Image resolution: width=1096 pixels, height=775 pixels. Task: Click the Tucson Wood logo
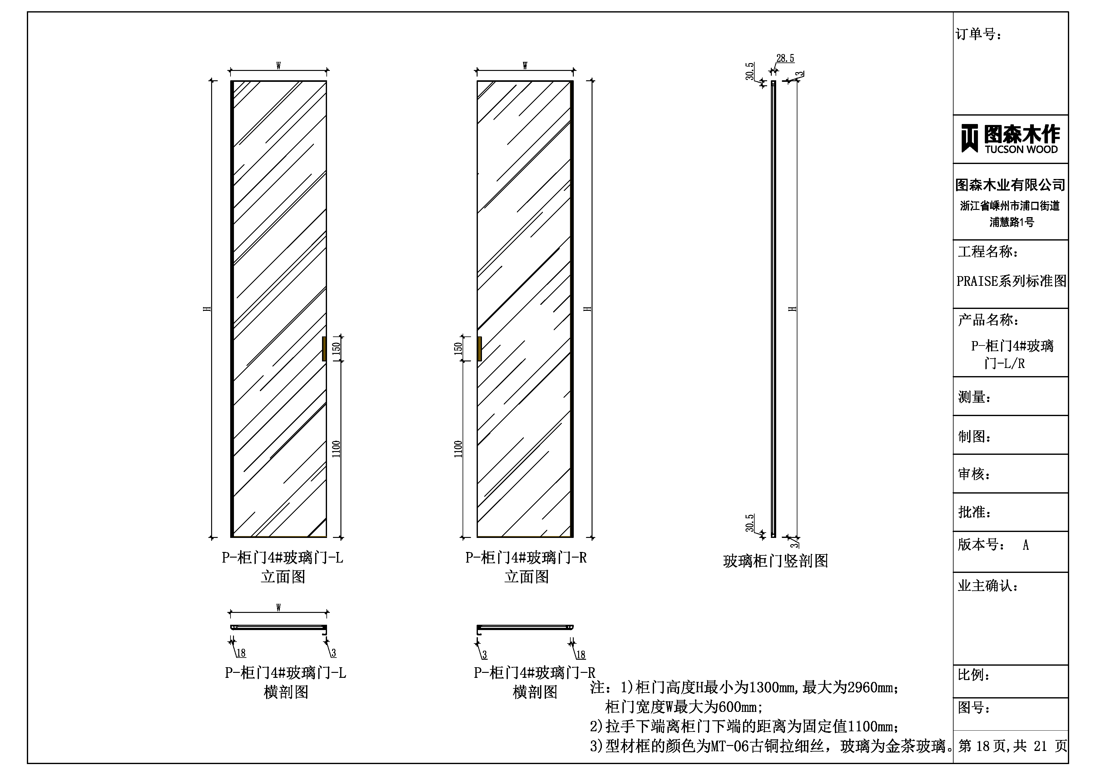(x=1010, y=139)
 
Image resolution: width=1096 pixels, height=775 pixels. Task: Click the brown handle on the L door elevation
(x=324, y=349)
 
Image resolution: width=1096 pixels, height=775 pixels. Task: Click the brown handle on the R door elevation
(x=479, y=349)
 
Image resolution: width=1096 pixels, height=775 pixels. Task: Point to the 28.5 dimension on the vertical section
(x=785, y=58)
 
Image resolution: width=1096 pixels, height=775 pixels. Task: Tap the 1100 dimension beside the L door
(x=336, y=449)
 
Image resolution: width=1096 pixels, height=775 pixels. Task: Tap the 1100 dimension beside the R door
(x=458, y=449)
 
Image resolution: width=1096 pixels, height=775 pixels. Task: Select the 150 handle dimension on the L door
(x=336, y=348)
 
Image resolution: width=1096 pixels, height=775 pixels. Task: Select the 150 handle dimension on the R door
(x=458, y=348)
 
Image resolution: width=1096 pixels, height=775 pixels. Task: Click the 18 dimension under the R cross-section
(x=580, y=655)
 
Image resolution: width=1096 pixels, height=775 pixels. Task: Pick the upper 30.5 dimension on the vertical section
(x=750, y=71)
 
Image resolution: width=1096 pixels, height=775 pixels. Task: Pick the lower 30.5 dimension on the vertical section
(x=750, y=523)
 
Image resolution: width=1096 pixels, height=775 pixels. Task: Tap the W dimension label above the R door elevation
(x=525, y=65)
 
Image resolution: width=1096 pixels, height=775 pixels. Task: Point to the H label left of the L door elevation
(x=207, y=309)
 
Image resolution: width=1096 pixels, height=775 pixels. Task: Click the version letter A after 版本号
(x=1025, y=545)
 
